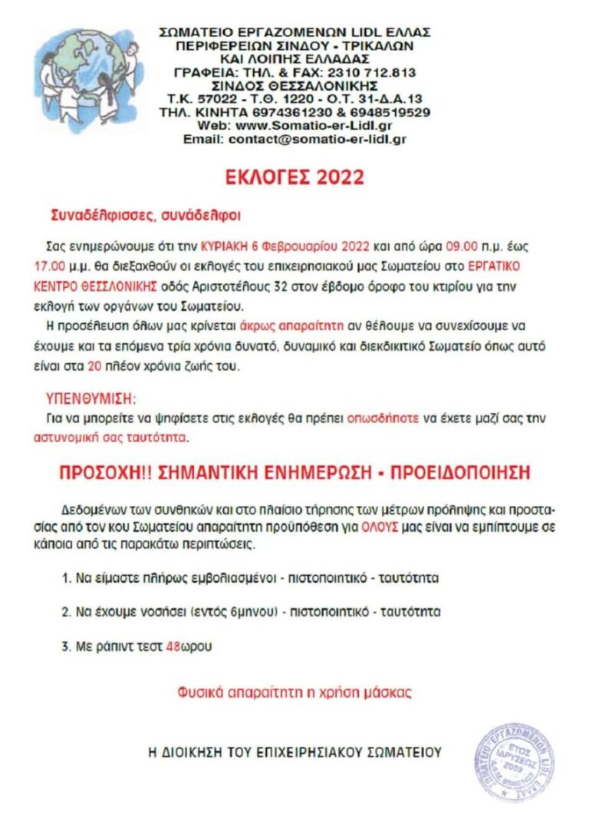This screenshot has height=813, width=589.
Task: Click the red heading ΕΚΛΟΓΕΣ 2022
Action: (294, 177)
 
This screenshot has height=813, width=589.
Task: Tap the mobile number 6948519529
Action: (396, 112)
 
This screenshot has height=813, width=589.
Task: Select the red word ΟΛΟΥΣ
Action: (368, 529)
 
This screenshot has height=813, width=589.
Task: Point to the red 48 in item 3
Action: (173, 646)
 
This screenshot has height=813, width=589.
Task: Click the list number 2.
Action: (66, 612)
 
